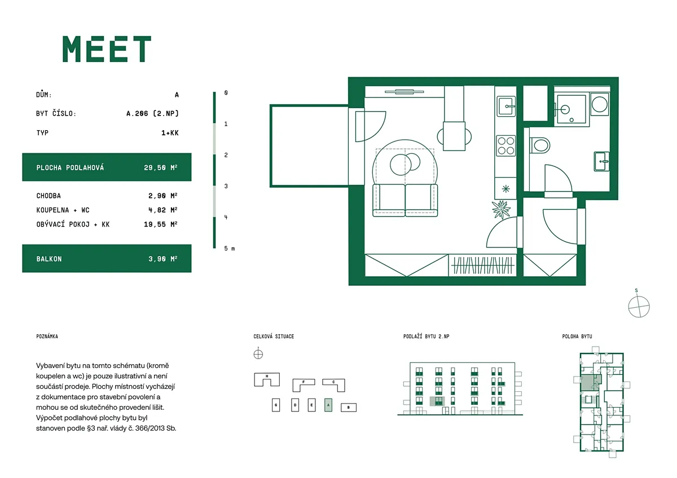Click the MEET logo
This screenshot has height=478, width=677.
pos(107,49)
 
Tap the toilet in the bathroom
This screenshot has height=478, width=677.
pos(540,145)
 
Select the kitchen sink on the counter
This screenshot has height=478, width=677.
pos(506,106)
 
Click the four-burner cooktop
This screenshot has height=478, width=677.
pos(506,145)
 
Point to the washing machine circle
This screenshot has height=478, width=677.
pos(600,104)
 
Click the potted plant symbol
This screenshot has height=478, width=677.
pos(501,209)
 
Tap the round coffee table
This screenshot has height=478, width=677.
pos(401,165)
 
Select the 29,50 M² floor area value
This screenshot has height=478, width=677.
pos(160,167)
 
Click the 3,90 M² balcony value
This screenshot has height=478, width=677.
pos(162,259)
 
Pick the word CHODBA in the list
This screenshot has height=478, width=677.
pos(49,196)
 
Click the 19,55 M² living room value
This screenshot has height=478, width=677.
pos(160,224)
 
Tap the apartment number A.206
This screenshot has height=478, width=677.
pos(137,113)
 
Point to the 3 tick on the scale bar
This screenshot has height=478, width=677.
pos(226,186)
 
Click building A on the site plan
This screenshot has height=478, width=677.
pos(328,405)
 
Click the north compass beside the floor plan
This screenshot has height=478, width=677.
pos(639,307)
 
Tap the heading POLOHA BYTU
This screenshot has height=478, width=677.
pos(577,337)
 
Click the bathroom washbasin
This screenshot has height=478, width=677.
pos(601,161)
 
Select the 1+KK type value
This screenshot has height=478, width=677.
pos(170,133)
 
